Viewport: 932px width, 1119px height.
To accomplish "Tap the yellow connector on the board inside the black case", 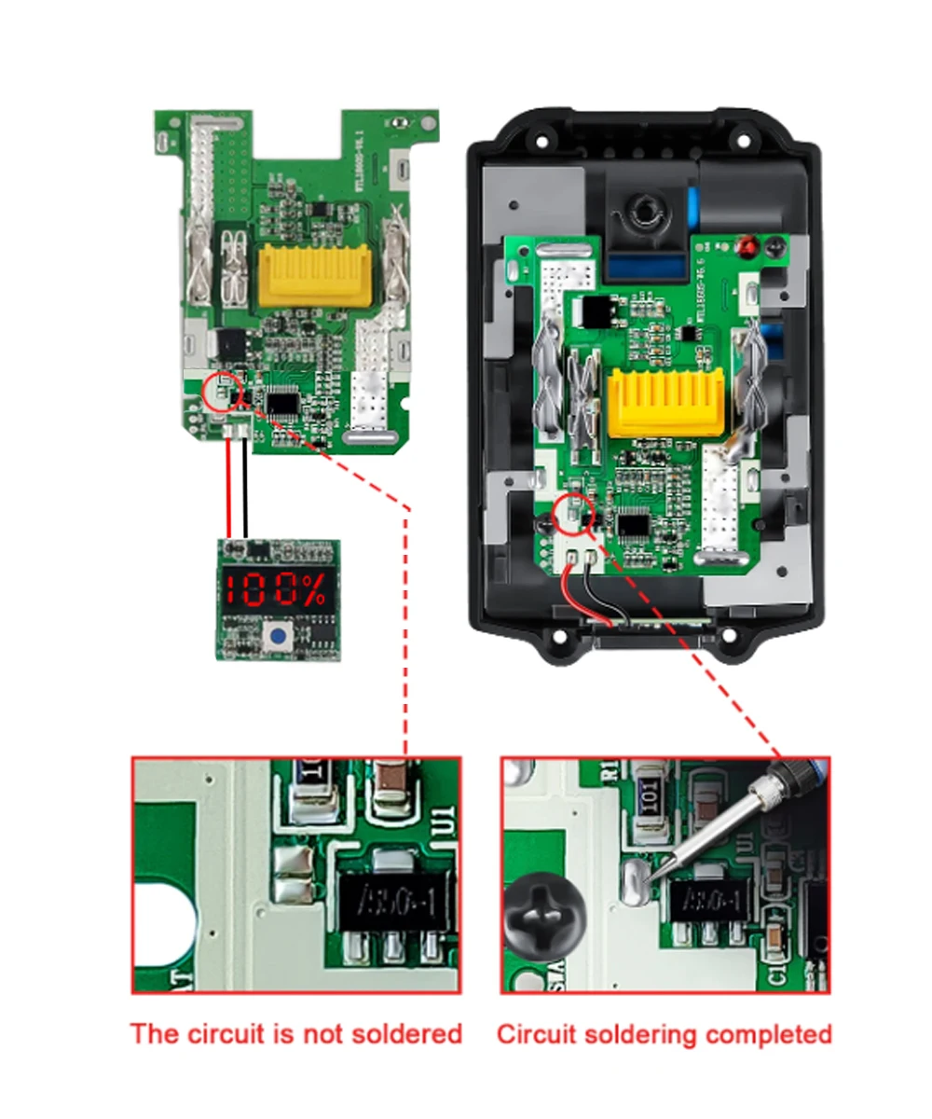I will [664, 402].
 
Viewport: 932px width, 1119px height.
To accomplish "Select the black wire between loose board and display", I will [244, 489].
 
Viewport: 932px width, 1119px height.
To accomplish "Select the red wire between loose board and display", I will [226, 489].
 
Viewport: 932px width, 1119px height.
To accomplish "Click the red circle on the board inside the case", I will [573, 514].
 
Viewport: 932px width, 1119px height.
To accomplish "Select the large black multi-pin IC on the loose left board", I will [282, 402].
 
